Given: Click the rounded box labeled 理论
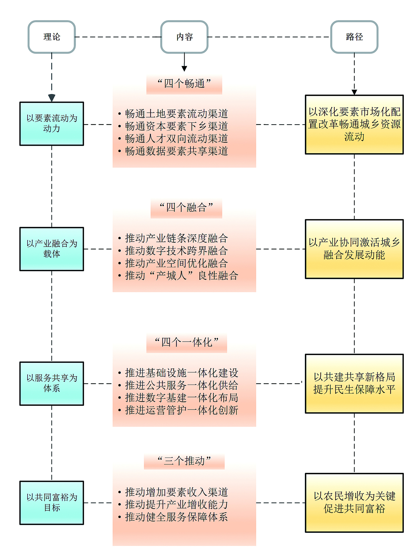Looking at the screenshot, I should [52, 37].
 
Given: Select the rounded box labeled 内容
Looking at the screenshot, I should [184, 37].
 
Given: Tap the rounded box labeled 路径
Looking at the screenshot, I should [354, 37].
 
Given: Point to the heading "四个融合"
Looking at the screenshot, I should [186, 207].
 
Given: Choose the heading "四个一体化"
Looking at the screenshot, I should [187, 342].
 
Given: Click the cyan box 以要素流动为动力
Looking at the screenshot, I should [52, 123].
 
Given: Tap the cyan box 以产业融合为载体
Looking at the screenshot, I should [52, 249].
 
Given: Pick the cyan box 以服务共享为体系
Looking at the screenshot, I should [52, 383].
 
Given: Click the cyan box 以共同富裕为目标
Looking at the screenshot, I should [52, 502].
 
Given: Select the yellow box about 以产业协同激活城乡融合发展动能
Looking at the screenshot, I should [354, 249].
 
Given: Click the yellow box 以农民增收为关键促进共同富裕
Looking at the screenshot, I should [354, 502].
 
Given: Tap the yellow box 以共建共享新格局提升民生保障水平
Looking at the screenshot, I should [354, 383].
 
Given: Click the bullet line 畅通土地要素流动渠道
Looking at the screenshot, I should [176, 114].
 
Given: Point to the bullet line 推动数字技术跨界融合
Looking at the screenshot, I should [176, 251].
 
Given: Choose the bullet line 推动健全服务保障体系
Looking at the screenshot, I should [176, 517].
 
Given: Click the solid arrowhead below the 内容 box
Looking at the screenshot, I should [184, 69].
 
